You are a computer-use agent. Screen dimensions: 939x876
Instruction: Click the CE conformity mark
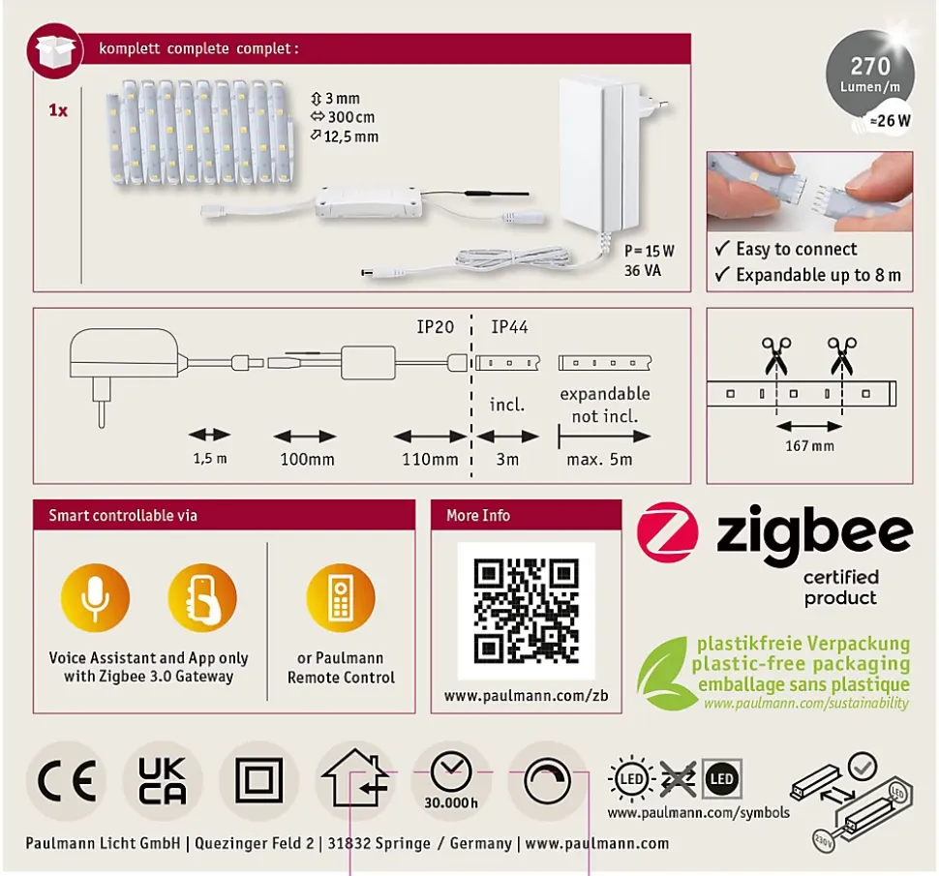click(67, 780)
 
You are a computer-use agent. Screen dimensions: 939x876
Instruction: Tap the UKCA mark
click(163, 780)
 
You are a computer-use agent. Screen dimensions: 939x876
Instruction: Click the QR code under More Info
click(527, 611)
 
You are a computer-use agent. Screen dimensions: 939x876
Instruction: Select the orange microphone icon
click(95, 597)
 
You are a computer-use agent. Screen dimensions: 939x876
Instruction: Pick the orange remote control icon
click(341, 597)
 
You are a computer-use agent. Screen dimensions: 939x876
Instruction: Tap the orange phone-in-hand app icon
click(202, 597)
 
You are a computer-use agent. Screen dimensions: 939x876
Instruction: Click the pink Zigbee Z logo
click(667, 531)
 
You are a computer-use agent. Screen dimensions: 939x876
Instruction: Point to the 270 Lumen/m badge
click(870, 74)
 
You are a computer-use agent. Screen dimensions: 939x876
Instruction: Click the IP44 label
click(509, 327)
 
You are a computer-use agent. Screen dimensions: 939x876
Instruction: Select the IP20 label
click(436, 327)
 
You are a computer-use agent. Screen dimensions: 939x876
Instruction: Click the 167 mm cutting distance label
click(809, 446)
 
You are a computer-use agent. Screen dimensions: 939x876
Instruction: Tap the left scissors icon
click(776, 354)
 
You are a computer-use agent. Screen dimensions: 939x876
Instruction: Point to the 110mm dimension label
click(430, 459)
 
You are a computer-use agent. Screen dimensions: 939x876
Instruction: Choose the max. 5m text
click(599, 459)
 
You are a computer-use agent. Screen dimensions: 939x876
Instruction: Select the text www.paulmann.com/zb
click(526, 695)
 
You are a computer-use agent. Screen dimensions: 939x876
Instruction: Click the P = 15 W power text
click(650, 251)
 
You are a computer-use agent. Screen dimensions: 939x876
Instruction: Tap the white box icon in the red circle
click(54, 51)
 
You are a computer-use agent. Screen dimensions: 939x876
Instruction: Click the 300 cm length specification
click(345, 117)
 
